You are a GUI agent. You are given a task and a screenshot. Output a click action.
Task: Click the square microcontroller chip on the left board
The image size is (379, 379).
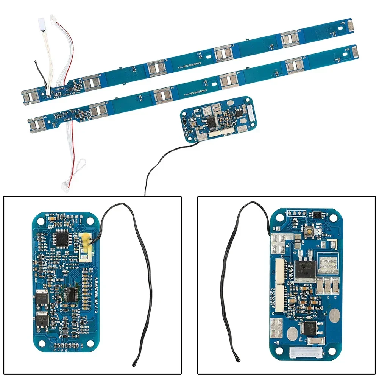point(61,238)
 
